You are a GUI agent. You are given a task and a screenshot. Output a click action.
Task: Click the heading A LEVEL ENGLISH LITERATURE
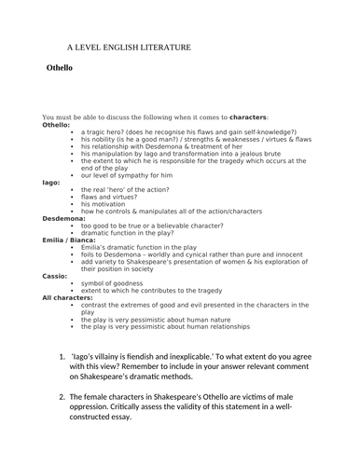(128, 46)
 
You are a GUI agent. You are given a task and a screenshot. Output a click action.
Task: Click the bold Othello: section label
(57, 125)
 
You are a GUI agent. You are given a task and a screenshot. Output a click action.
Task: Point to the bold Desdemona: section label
(64, 218)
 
